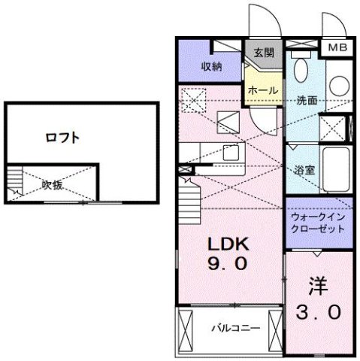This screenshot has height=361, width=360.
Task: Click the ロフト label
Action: pyautogui.click(x=62, y=138)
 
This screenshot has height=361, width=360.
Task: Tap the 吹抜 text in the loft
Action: pyautogui.click(x=52, y=184)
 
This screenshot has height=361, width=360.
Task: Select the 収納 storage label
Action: pyautogui.click(x=210, y=66)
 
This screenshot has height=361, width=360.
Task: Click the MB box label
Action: pyautogui.click(x=336, y=47)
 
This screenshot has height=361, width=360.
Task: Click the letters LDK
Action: pyautogui.click(x=229, y=246)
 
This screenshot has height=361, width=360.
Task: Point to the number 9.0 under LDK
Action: pyautogui.click(x=229, y=265)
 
